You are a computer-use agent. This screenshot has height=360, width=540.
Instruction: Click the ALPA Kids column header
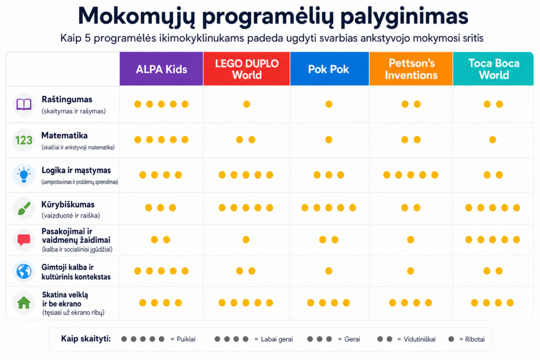(161, 69)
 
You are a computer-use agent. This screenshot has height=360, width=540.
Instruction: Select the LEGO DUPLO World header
(247, 69)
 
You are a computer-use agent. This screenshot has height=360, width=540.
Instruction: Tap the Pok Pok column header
(329, 69)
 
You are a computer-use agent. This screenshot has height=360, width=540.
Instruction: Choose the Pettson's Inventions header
(411, 69)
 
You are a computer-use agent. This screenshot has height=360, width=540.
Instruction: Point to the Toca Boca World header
(493, 69)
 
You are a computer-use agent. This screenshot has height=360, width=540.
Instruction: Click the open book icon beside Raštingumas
(24, 104)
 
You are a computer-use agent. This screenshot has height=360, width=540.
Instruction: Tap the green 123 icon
(24, 140)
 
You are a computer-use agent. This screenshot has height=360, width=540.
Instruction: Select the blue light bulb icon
(24, 175)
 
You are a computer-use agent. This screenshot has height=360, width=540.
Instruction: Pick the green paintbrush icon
(24, 209)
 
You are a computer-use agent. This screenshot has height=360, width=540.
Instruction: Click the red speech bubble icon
(24, 240)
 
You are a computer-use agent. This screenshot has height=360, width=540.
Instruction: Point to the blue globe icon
(24, 271)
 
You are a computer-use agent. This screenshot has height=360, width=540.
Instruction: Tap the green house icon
(24, 303)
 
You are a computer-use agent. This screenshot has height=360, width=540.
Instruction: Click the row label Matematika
(64, 135)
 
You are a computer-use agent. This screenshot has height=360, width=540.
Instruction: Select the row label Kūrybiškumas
(68, 205)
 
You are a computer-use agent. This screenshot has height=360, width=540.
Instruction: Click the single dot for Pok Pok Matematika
(329, 139)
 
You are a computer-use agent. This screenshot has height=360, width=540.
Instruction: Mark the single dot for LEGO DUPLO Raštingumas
(247, 104)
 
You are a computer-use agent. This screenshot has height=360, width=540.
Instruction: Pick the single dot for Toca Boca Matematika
(493, 139)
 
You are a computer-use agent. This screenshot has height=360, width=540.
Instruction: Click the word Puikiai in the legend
(186, 339)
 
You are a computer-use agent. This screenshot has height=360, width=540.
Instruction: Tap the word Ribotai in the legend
(475, 339)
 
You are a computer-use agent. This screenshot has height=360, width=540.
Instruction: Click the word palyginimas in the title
(404, 16)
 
